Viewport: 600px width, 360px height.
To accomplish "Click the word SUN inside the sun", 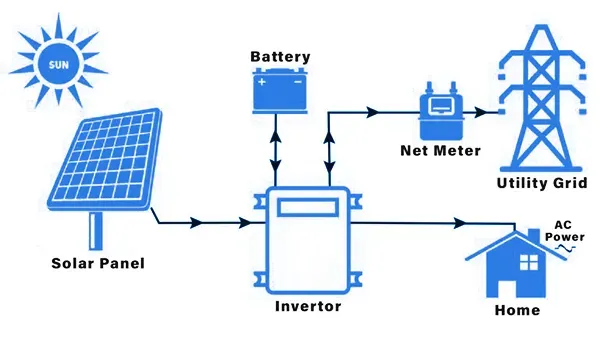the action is tap(59, 65).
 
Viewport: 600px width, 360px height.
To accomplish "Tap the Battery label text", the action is tap(280, 57).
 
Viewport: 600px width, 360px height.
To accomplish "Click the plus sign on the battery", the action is tap(262, 81).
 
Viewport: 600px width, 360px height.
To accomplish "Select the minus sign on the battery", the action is tap(298, 81).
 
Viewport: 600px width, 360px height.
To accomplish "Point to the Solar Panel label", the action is tap(98, 263).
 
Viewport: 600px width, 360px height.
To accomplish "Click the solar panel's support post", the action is tap(96, 231).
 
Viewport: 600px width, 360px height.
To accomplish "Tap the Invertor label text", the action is tap(308, 306).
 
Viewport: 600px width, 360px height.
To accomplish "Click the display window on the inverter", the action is tap(308, 207).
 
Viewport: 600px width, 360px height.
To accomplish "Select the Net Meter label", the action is tap(440, 150).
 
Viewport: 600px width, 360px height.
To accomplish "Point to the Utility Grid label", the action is tap(541, 183).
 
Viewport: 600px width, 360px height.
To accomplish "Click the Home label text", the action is tap(517, 310).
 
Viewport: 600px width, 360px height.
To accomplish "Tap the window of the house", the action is tap(528, 262).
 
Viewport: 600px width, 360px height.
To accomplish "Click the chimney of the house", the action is tap(533, 236).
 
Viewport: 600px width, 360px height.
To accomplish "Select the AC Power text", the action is tap(565, 231).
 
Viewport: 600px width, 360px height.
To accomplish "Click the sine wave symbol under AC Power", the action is tap(566, 248).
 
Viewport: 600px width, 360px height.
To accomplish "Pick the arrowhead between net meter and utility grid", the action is tap(481, 112).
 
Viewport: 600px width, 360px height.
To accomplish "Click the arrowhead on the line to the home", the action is tap(460, 223).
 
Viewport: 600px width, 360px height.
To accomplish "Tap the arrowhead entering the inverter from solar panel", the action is tap(245, 223).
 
